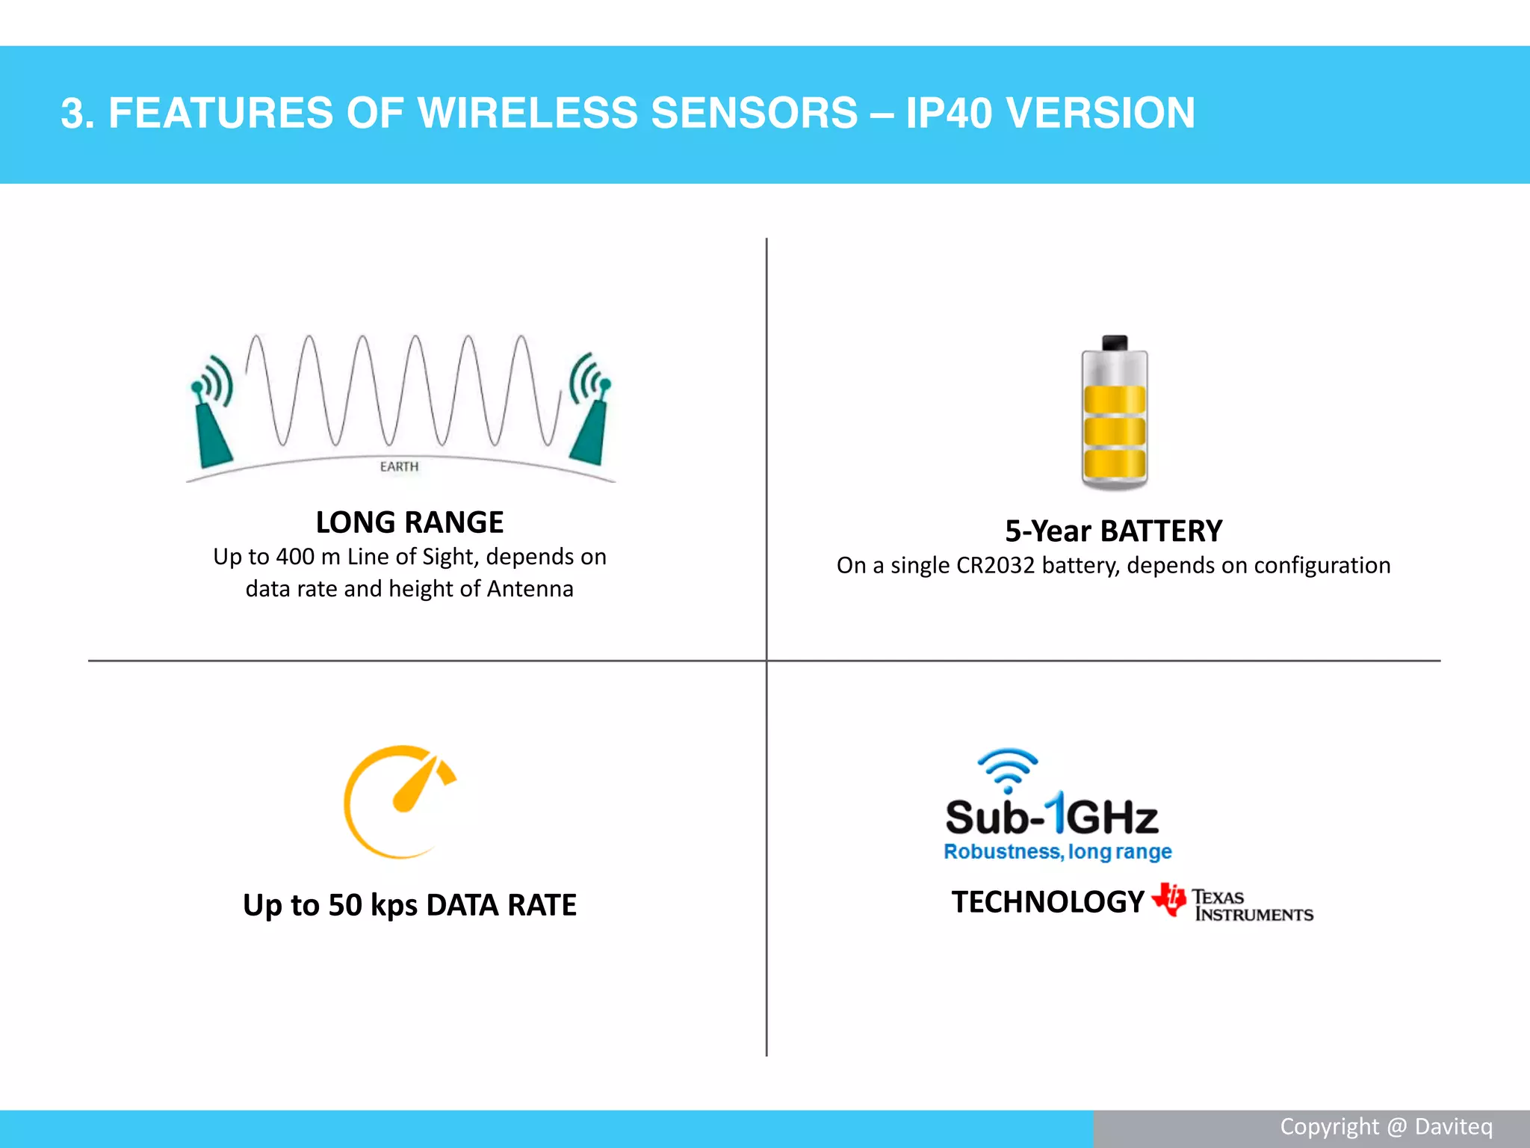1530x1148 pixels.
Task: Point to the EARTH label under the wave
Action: [399, 466]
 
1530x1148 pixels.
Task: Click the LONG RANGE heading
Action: [409, 522]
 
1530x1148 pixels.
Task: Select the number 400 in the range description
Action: [294, 557]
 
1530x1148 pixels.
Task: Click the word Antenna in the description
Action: [530, 589]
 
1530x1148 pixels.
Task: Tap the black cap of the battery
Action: [1114, 343]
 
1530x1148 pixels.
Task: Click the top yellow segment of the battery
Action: [1114, 400]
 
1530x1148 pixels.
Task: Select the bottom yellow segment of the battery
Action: [1114, 463]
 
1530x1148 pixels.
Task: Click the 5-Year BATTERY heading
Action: [1113, 531]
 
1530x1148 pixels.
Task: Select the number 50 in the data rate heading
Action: [345, 905]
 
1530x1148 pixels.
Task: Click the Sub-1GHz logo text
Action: [1051, 816]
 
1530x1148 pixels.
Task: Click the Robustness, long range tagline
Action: [1057, 852]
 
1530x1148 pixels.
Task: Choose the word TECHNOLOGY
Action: [1047, 902]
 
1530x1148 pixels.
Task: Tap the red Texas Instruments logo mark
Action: [1169, 898]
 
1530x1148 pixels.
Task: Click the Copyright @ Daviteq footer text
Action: [1386, 1127]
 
